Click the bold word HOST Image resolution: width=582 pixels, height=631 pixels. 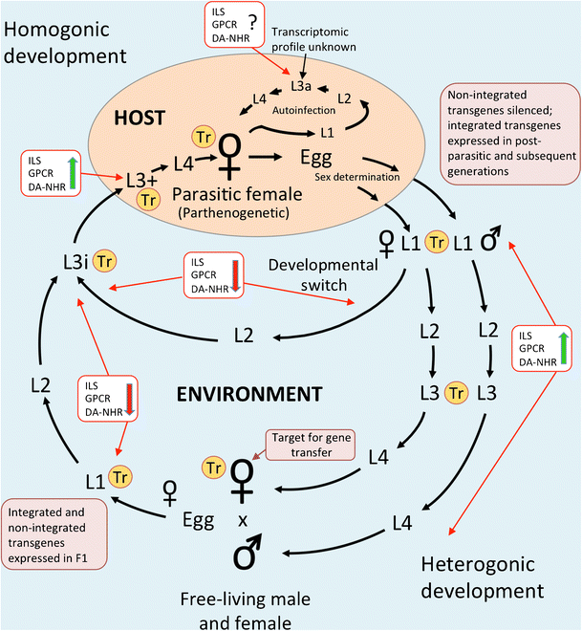tap(140, 118)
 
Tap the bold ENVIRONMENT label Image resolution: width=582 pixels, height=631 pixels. tap(249, 394)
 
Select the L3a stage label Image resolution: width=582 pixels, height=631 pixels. tap(301, 86)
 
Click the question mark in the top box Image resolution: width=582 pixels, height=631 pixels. tap(252, 23)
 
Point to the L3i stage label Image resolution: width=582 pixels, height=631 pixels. tap(75, 262)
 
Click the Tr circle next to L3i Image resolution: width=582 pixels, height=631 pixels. tap(104, 262)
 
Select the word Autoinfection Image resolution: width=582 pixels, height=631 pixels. tap(304, 110)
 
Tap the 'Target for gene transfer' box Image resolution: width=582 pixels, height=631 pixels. tap(311, 445)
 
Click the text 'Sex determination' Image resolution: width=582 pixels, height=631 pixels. tap(357, 177)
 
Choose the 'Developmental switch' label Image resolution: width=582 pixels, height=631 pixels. tap(323, 274)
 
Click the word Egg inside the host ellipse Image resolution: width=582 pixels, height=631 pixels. tap(316, 158)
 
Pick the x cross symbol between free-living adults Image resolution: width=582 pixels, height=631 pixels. tap(243, 521)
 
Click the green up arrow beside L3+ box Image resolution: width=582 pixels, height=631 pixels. tap(73, 173)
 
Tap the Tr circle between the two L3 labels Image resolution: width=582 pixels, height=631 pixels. tap(457, 393)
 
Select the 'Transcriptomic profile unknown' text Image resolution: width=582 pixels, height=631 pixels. tap(313, 39)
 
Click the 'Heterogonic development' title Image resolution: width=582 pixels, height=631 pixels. tap(483, 577)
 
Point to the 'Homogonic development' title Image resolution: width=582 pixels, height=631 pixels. tap(65, 43)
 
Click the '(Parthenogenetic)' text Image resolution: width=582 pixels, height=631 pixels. tap(234, 213)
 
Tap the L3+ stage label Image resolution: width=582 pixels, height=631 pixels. tap(141, 181)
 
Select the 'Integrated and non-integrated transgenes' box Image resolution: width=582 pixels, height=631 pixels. tap(54, 534)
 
